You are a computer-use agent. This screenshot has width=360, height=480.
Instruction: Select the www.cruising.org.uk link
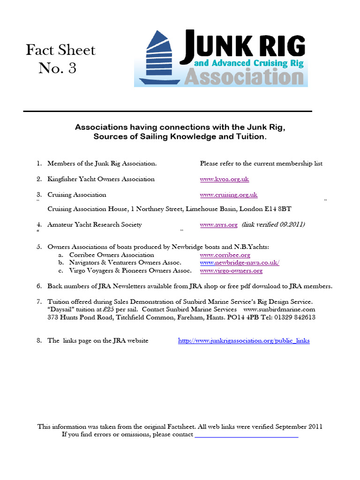229,195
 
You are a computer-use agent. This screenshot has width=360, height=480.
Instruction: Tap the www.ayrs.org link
219,225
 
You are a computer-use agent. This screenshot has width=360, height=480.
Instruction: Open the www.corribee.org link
225,255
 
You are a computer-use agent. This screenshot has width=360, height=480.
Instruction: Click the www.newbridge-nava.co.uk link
240,263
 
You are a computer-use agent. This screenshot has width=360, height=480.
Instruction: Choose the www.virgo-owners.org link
231,270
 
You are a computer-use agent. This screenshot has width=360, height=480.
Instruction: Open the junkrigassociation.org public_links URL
244,341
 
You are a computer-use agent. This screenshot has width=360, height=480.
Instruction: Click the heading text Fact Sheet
60,50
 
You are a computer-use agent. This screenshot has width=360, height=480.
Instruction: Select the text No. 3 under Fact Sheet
57,68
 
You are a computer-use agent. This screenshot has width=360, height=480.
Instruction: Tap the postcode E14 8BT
281,209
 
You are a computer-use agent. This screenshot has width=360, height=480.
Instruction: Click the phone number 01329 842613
295,317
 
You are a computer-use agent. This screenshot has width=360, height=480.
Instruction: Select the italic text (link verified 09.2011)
273,225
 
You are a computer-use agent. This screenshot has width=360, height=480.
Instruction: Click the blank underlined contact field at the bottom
246,435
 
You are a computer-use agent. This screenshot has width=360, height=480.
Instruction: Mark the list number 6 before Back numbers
39,286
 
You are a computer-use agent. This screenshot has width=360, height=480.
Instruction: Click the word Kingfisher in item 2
63,179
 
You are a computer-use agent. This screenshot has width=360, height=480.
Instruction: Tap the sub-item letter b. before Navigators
60,263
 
